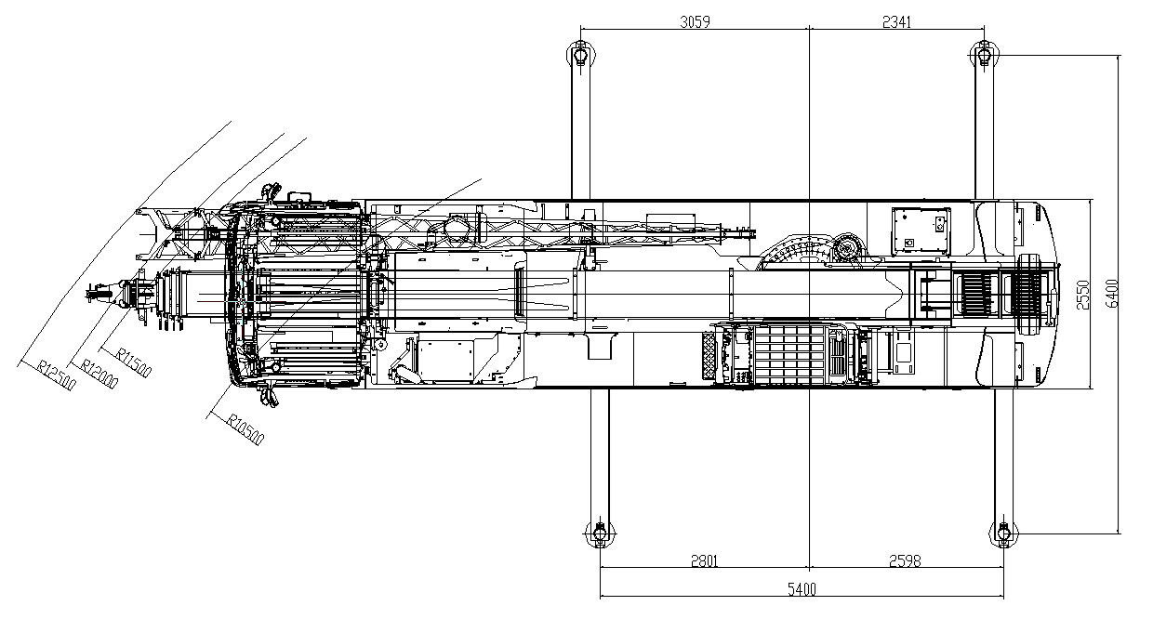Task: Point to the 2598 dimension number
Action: (906, 560)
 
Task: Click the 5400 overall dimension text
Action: (802, 589)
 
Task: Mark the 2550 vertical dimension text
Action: (1081, 295)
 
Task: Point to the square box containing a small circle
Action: (921, 230)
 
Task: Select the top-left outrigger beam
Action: (580, 130)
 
